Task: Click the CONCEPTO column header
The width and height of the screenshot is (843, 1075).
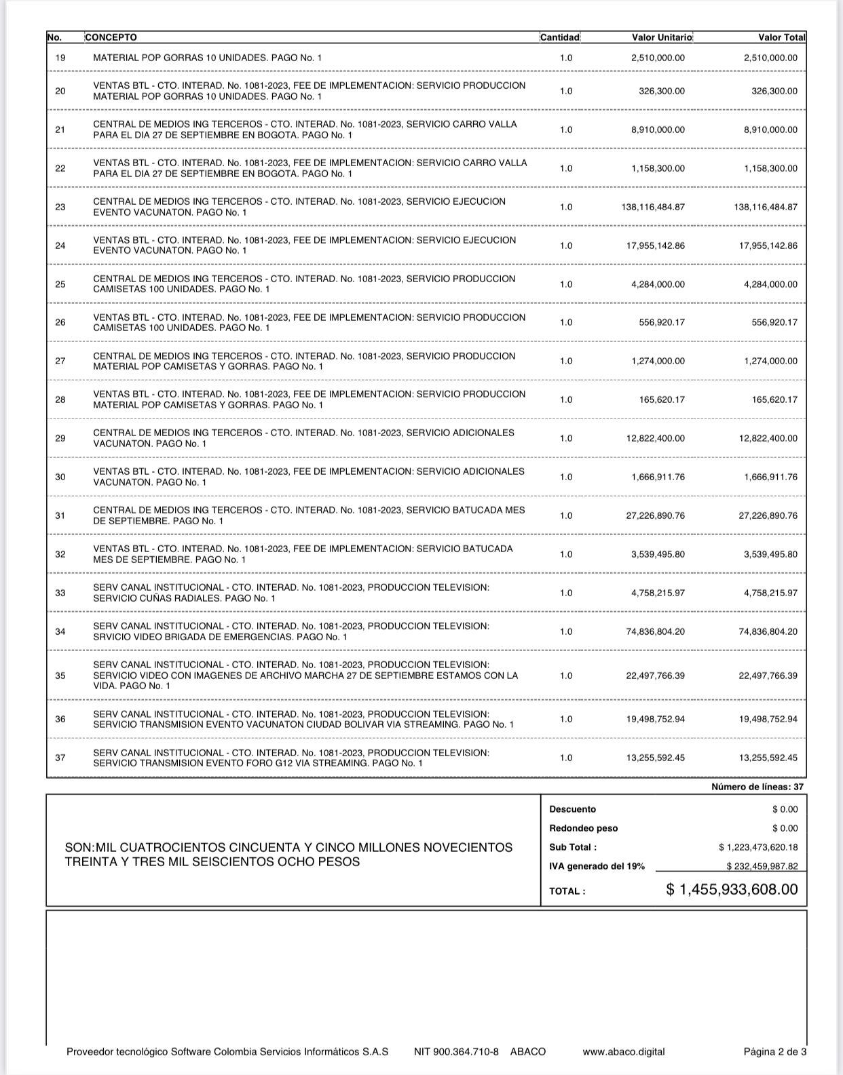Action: (x=111, y=37)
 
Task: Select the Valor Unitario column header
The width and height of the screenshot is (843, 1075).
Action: (x=662, y=37)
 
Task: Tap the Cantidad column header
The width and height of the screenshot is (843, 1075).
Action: (x=560, y=37)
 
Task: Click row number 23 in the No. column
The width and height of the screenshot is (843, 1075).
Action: (x=60, y=207)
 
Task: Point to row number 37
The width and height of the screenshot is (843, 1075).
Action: (x=60, y=758)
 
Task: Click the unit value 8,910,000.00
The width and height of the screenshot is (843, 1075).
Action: (x=658, y=130)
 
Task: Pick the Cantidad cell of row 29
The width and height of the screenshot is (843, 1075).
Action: (x=566, y=438)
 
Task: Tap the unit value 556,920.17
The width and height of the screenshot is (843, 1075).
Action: (x=662, y=322)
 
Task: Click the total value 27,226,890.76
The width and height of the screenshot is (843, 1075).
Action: (x=768, y=515)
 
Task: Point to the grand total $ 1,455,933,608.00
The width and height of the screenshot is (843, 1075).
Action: (x=732, y=889)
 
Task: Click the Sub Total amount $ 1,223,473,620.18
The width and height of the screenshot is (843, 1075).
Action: (x=758, y=847)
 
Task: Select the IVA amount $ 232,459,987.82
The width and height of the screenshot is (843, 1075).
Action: (x=762, y=866)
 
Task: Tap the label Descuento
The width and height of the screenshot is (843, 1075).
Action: (x=572, y=809)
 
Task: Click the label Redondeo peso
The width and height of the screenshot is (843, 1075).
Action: (x=583, y=828)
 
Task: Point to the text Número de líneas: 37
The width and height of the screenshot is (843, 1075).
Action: (x=757, y=787)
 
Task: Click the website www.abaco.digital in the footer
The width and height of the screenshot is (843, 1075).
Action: (x=623, y=1052)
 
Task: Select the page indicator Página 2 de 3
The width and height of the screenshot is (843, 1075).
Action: (x=774, y=1052)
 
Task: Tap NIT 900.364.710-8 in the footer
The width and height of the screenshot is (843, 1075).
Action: (x=456, y=1052)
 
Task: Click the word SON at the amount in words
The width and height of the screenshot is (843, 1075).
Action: (x=78, y=848)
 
